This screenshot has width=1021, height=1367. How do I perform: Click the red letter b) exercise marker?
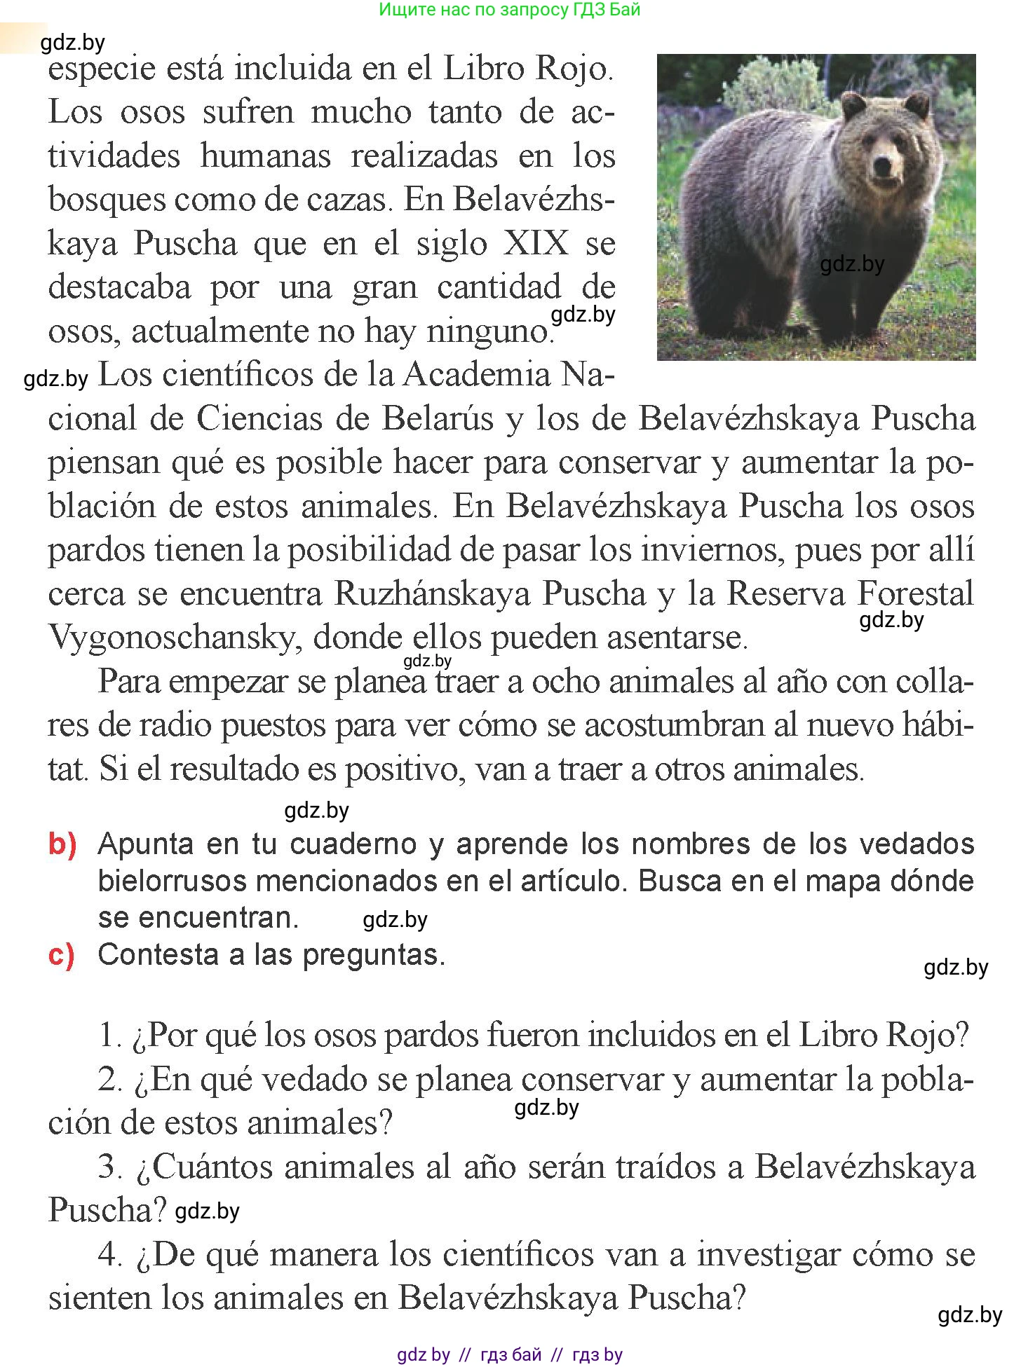(62, 844)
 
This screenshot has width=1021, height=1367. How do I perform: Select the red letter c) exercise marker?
(62, 956)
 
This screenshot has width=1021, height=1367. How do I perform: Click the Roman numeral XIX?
(536, 243)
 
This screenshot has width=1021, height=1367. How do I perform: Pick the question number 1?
(110, 1035)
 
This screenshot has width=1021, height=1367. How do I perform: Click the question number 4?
(110, 1253)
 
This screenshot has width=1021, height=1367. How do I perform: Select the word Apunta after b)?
(146, 844)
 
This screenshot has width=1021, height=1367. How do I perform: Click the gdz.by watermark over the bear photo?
(851, 264)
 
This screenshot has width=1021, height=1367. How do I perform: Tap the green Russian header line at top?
(509, 10)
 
